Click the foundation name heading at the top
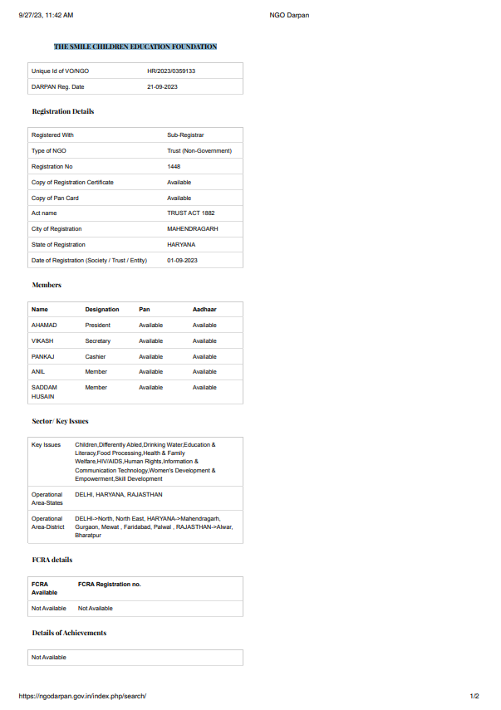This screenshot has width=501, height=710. [x=135, y=47]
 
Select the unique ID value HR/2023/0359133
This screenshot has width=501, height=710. [x=171, y=71]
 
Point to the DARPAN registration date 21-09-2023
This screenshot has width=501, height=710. [x=162, y=86]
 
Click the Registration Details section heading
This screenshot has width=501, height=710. [x=63, y=111]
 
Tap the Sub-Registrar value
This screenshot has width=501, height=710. [x=185, y=135]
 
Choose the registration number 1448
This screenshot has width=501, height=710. [x=174, y=166]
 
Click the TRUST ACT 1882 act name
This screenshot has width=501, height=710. [x=190, y=213]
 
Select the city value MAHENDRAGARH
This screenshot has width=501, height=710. [x=192, y=228]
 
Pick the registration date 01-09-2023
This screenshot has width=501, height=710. [x=182, y=260]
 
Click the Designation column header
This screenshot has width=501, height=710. [x=102, y=310]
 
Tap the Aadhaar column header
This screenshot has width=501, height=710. [x=204, y=310]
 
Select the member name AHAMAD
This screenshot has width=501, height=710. [x=44, y=326]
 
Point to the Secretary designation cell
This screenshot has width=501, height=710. [x=97, y=340]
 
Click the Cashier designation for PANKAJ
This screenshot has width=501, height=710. [x=96, y=356]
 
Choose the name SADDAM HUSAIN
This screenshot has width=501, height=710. [x=44, y=392]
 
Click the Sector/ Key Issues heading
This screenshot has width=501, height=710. [x=60, y=421]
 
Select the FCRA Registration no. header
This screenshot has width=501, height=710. [x=110, y=585]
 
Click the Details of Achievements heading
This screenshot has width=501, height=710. [x=69, y=633]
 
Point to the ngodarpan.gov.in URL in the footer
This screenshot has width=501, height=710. [x=81, y=696]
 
